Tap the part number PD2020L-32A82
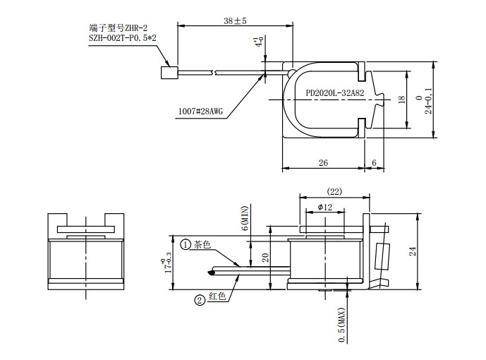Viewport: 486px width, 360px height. point(334,92)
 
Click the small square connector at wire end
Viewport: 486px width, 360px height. point(169,71)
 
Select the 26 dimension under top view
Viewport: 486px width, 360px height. point(323,163)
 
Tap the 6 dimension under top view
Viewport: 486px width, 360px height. point(374,163)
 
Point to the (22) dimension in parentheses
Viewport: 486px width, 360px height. point(335,191)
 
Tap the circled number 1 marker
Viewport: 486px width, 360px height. point(186,244)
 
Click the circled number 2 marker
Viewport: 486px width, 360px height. point(200,299)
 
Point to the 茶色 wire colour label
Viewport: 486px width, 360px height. point(202,244)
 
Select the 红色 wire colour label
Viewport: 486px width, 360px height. point(217,299)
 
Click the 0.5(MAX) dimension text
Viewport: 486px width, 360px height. point(342,324)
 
